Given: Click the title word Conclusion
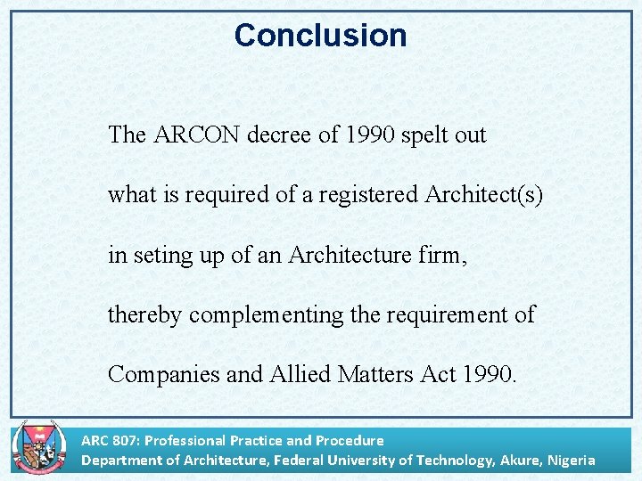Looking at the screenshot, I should click(320, 36).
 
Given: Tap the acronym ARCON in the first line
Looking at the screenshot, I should click(196, 135).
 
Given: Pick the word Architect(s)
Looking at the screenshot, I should click(482, 195).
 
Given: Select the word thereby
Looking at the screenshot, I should click(145, 314).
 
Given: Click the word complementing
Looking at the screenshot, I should click(264, 315).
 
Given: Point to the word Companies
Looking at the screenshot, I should click(164, 374).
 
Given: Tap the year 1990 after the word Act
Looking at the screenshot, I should click(489, 374).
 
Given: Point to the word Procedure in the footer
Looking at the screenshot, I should click(350, 440).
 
